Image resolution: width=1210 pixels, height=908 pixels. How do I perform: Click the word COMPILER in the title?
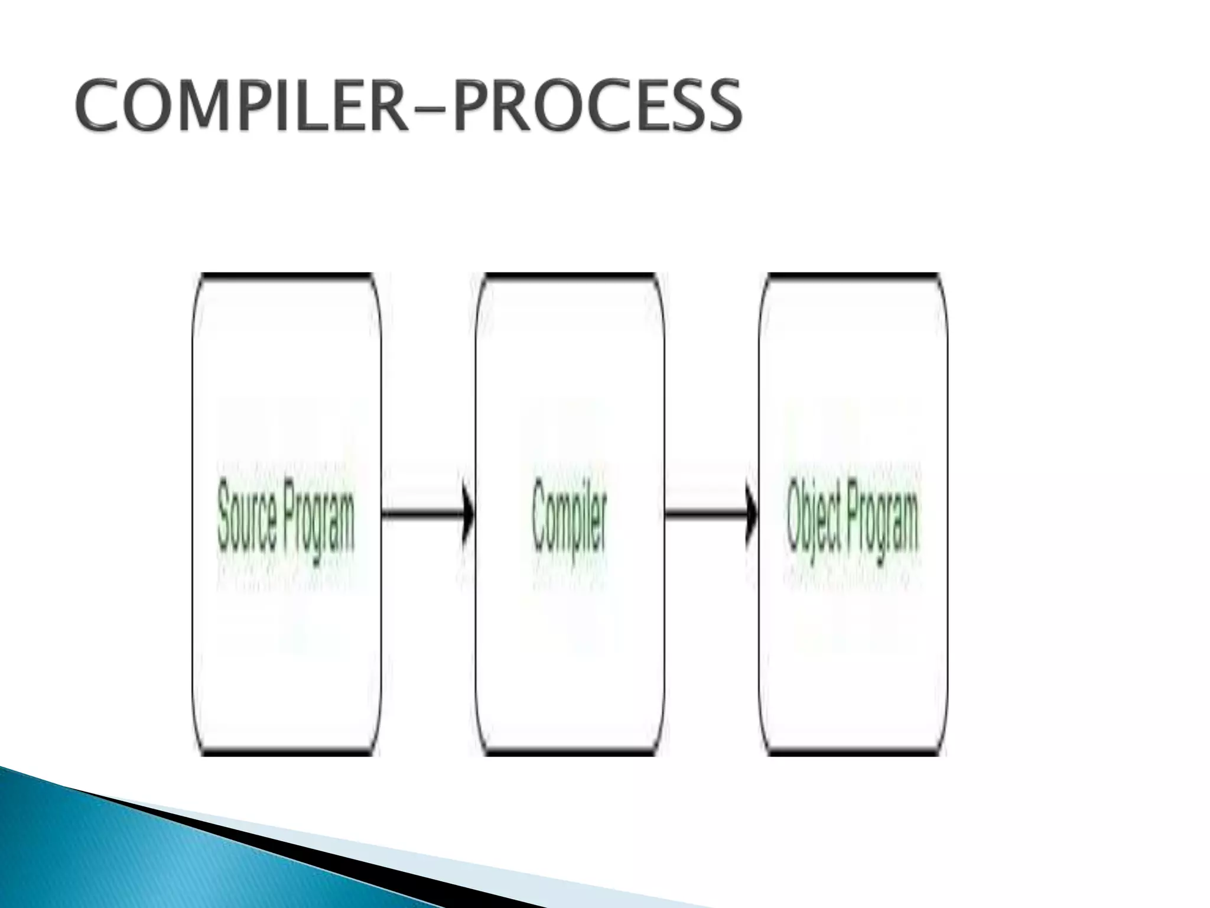pyautogui.click(x=241, y=107)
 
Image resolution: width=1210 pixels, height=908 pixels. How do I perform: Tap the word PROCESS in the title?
pyautogui.click(x=597, y=107)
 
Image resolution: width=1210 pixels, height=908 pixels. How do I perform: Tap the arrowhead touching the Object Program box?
pyautogui.click(x=752, y=514)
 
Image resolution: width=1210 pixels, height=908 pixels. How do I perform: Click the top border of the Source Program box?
pyautogui.click(x=287, y=275)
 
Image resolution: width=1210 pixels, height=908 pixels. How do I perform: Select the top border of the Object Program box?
pyautogui.click(x=853, y=275)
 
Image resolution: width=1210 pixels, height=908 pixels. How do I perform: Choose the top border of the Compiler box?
pyautogui.click(x=570, y=275)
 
